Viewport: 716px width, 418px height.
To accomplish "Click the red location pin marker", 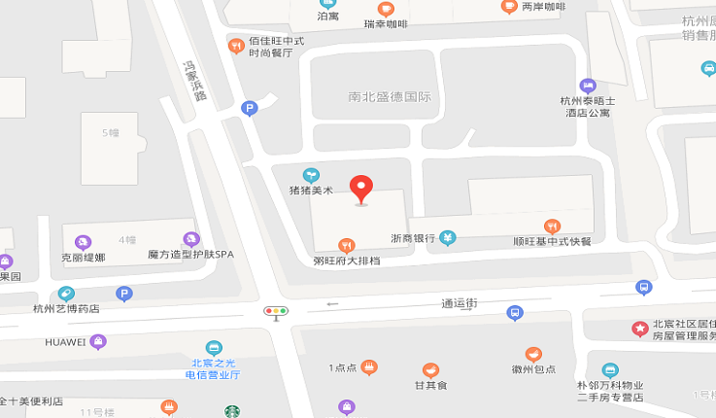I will (x=361, y=188).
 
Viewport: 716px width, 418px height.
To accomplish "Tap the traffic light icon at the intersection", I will (x=276, y=312).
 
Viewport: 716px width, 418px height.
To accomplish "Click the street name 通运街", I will (x=460, y=303).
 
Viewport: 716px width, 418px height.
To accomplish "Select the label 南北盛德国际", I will (x=389, y=97).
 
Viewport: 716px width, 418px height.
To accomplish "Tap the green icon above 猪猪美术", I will (x=311, y=175).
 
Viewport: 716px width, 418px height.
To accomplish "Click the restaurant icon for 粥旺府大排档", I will (x=345, y=245).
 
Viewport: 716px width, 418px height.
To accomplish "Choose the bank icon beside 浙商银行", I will (x=447, y=237).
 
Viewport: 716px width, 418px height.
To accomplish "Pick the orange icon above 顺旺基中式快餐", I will (x=552, y=226).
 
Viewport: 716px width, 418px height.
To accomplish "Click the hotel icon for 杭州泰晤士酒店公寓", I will (x=587, y=86).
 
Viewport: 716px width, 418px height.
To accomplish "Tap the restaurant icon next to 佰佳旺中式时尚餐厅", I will (x=235, y=46).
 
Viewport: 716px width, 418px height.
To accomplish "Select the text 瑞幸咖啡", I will (x=386, y=24).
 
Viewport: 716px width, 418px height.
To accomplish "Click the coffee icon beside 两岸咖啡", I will (x=509, y=6).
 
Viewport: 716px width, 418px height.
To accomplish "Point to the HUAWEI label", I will (x=65, y=342).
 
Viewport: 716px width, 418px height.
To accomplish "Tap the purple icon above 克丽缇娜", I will (x=83, y=242).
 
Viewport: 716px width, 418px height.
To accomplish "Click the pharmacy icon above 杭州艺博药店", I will (x=66, y=294).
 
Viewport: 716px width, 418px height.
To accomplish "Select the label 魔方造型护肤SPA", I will (x=190, y=255).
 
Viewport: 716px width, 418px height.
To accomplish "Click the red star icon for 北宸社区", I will (x=639, y=329).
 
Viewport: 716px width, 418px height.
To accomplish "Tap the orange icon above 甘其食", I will (x=429, y=370).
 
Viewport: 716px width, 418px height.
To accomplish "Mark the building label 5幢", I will (x=114, y=132).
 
